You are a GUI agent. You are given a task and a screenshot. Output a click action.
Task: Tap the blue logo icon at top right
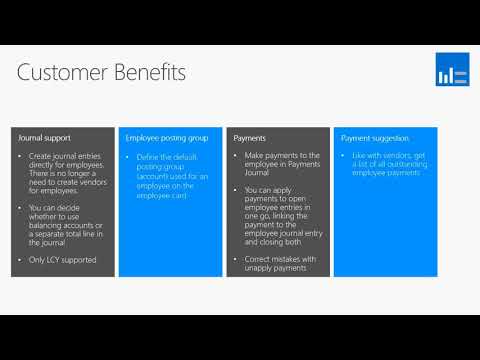pos(451,70)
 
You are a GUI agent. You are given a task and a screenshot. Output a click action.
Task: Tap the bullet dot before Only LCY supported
pos(21,260)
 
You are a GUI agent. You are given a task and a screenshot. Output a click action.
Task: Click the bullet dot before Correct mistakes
pos(236,259)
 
